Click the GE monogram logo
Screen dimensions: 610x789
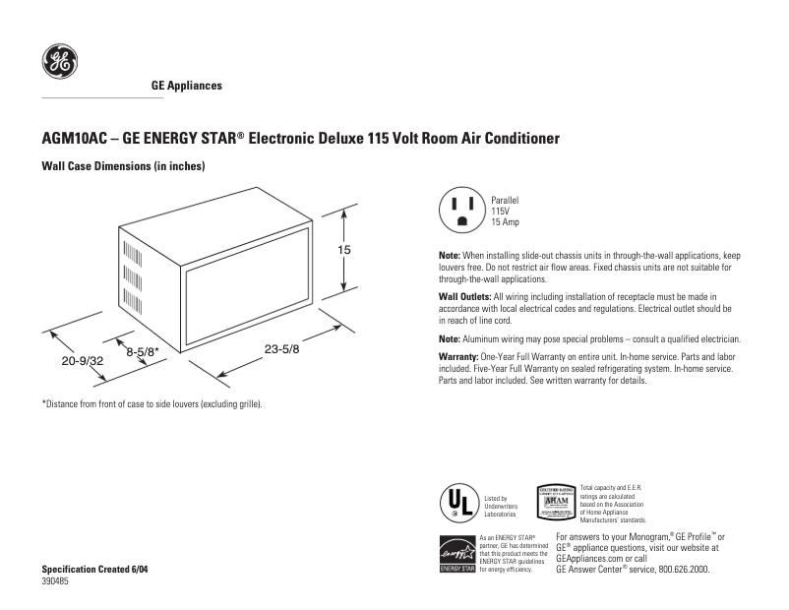(x=58, y=63)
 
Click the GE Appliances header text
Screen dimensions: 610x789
(x=186, y=86)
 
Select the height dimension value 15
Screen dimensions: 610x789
(x=344, y=251)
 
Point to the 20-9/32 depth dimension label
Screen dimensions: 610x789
(x=83, y=362)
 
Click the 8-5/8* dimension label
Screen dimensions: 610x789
(x=143, y=349)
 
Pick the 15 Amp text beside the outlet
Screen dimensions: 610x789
(x=506, y=223)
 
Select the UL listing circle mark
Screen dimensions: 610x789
(x=456, y=502)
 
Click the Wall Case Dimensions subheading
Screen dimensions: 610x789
(x=122, y=166)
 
